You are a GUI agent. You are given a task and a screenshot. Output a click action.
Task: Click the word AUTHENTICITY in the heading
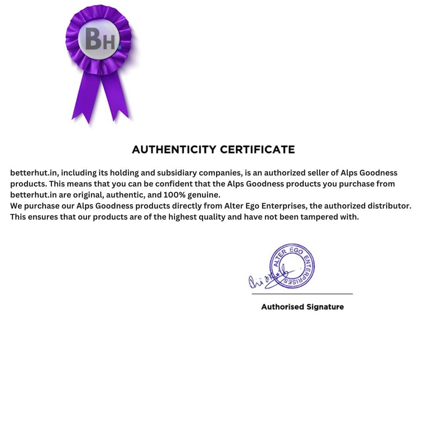(174, 150)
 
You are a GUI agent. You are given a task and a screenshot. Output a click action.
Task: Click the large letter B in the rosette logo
(93, 39)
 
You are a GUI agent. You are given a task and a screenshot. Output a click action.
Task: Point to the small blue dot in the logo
(119, 47)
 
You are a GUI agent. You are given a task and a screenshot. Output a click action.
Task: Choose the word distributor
(389, 206)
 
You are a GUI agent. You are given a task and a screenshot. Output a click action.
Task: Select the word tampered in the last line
(319, 217)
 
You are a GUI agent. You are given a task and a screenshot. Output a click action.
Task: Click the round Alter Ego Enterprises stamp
(292, 266)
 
